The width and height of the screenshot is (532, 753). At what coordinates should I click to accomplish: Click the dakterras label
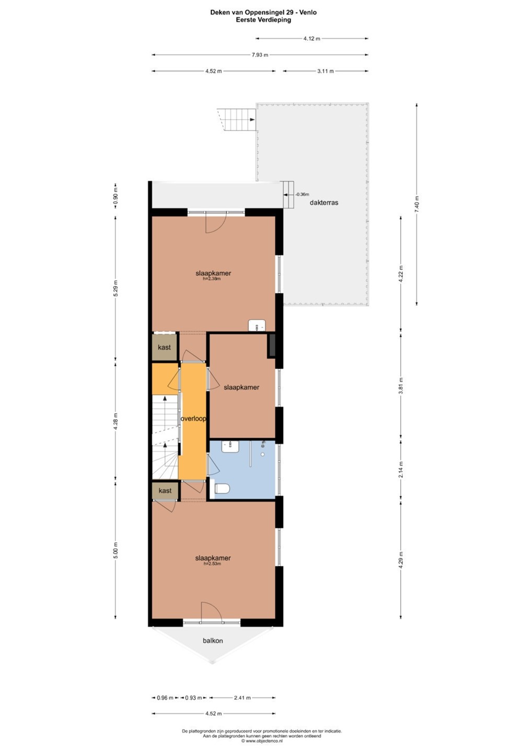[324, 203]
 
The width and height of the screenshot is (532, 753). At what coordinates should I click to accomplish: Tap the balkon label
[213, 641]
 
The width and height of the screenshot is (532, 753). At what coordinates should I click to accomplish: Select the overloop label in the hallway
[193, 419]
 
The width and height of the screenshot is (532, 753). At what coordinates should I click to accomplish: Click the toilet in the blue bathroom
[222, 488]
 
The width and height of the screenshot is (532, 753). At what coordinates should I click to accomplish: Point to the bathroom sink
[230, 447]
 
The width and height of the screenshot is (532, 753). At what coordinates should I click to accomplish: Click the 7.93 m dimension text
[260, 55]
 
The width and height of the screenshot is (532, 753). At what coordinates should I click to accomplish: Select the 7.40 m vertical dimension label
[417, 204]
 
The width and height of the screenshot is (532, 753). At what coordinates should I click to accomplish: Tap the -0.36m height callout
[302, 195]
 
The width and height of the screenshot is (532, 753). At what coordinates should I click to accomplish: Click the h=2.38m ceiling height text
[212, 278]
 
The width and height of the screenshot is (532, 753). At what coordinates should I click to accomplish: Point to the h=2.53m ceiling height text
[212, 564]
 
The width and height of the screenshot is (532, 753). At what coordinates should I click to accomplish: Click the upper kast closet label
[164, 347]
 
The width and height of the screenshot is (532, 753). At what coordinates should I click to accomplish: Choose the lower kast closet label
[165, 490]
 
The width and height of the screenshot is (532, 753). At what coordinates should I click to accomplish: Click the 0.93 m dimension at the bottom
[193, 698]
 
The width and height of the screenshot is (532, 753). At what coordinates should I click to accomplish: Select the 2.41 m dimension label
[242, 698]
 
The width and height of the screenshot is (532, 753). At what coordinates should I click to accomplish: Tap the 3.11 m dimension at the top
[326, 71]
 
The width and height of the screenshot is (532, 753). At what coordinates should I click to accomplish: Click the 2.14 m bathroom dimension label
[401, 470]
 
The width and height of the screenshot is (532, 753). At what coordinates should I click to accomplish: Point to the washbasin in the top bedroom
[257, 325]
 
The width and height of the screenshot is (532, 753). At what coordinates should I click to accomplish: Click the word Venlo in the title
[309, 13]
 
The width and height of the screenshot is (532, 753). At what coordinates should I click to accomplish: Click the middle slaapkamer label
[241, 387]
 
